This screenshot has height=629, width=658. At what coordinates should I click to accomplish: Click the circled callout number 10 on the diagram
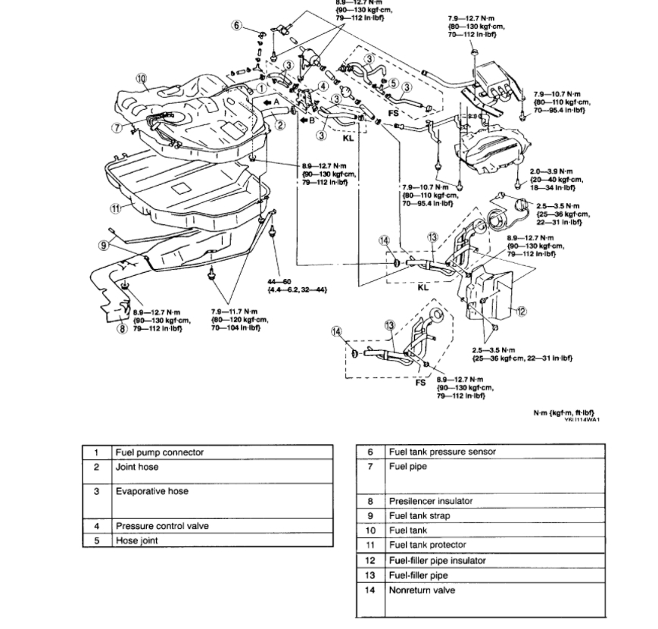coord(141,78)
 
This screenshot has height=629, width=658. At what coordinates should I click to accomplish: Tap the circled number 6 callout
coord(237,25)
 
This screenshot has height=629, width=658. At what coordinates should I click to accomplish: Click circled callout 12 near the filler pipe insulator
coord(521,311)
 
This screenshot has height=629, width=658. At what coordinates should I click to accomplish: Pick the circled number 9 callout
coord(104,244)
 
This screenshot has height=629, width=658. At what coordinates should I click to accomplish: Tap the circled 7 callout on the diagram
coord(117,127)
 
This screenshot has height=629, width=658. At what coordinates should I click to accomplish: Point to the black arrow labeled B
coord(304,119)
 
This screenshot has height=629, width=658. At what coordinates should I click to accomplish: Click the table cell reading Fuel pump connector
coord(159,452)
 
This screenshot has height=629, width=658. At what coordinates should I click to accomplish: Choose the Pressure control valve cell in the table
coord(161,525)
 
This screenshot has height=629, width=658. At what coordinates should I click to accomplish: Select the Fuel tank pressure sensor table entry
coord(442,452)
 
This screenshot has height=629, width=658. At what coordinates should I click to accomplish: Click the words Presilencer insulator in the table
coord(430,501)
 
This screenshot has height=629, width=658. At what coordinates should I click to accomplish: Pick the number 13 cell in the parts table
coord(370,575)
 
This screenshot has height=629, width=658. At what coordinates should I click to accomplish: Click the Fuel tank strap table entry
coord(419,516)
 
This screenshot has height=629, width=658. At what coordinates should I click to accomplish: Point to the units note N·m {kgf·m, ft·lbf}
coord(563,413)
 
